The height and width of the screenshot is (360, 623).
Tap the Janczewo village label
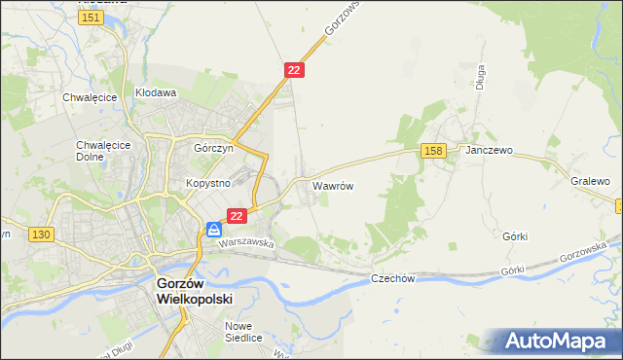tap(489, 152)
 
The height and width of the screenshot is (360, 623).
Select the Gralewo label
tap(590, 181)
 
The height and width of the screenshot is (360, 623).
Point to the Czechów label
tap(393, 278)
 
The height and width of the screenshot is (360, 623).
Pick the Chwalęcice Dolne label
tap(96, 153)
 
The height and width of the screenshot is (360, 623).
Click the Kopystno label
tap(206, 183)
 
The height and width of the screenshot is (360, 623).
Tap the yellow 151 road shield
tap(92, 18)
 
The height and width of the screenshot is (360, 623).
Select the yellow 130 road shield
tap(41, 234)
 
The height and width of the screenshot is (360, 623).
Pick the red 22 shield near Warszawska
tap(237, 214)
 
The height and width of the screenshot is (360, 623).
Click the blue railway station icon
tap(214, 230)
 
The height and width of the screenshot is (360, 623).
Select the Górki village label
tap(515, 236)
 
